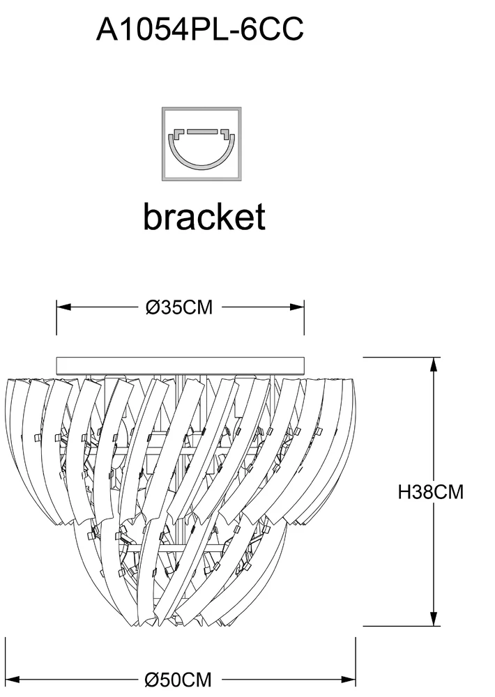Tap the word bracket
click(x=204, y=217)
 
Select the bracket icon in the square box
click(x=202, y=144)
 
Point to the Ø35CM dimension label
click(x=179, y=307)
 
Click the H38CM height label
click(x=430, y=492)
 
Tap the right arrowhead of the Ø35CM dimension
click(x=300, y=307)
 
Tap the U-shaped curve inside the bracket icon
click(x=202, y=157)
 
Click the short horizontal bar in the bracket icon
click(x=202, y=130)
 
